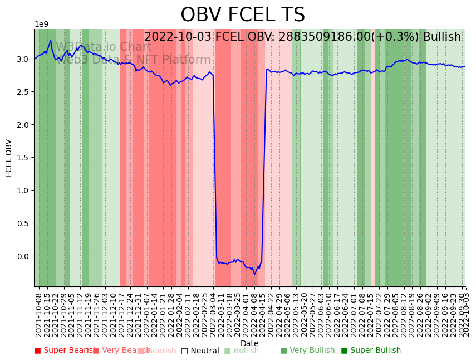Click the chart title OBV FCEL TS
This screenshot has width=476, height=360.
pyautogui.click(x=243, y=15)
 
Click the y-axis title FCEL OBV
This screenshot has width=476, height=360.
pyautogui.click(x=9, y=158)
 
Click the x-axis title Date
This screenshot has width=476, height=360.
pyautogui.click(x=249, y=343)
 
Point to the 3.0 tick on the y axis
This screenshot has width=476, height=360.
pyautogui.click(x=22, y=59)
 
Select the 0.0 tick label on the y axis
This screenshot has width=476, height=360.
pyautogui.click(x=22, y=256)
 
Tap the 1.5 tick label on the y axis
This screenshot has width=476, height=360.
pyautogui.click(x=22, y=158)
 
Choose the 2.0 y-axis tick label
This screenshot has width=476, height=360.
pyautogui.click(x=22, y=125)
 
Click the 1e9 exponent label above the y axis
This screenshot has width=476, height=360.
pyautogui.click(x=42, y=25)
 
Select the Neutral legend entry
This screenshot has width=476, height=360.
pyautogui.click(x=200, y=351)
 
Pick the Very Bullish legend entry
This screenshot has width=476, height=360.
pyautogui.click(x=307, y=351)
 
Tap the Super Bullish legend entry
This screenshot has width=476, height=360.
pyautogui.click(x=371, y=351)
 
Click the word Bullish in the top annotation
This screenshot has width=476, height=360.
pyautogui.click(x=441, y=37)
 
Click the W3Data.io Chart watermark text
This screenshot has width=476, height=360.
pyautogui.click(x=104, y=47)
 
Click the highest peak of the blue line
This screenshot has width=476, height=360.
pyautogui.click(x=51, y=40)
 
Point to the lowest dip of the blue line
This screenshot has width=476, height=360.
pyautogui.click(x=255, y=274)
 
